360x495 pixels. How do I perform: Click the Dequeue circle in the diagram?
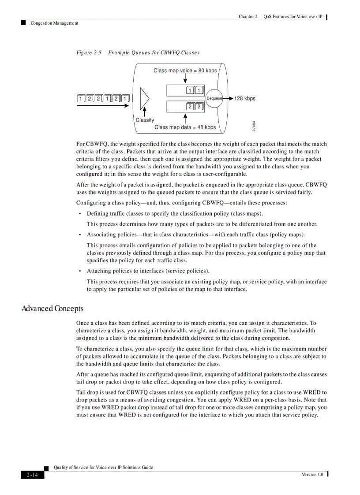214,98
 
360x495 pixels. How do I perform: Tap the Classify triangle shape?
144,98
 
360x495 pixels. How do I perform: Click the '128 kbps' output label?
245,98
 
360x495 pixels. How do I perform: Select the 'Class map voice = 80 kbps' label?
185,71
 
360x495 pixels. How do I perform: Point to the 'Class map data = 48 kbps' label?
185,127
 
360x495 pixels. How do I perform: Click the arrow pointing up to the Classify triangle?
144,112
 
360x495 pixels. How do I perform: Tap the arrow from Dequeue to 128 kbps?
228,98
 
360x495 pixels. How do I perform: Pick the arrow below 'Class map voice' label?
185,78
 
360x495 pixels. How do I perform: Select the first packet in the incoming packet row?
81,98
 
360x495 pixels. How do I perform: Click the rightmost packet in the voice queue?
199,91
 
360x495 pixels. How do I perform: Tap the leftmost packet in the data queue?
190,107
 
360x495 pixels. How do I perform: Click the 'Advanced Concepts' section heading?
52,309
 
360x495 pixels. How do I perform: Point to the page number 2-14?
32,475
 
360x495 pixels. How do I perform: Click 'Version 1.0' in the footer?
312,474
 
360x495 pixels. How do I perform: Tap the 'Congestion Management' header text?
54,23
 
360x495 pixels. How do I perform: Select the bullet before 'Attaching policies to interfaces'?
80,272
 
